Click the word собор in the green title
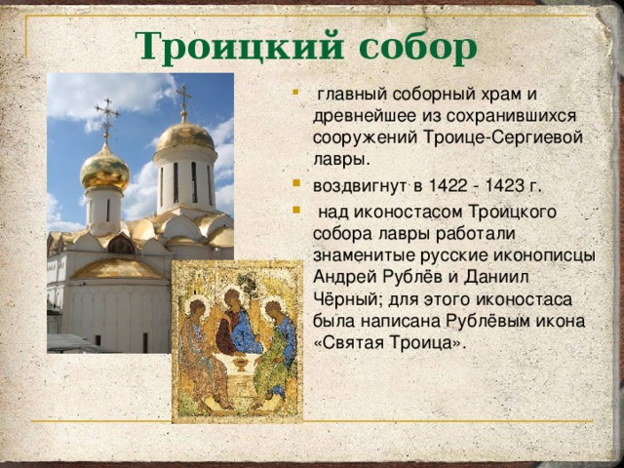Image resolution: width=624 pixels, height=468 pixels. point(418,49)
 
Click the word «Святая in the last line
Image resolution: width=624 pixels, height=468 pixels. point(349,343)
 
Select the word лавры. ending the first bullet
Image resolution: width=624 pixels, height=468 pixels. point(342,160)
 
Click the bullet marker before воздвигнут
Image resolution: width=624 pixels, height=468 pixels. point(295,183)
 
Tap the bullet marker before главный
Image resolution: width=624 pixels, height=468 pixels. point(295,93)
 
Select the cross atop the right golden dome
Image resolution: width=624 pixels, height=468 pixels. point(183,100)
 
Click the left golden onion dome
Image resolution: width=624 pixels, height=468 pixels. point(105,169)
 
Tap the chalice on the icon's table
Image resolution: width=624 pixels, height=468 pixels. point(241,364)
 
